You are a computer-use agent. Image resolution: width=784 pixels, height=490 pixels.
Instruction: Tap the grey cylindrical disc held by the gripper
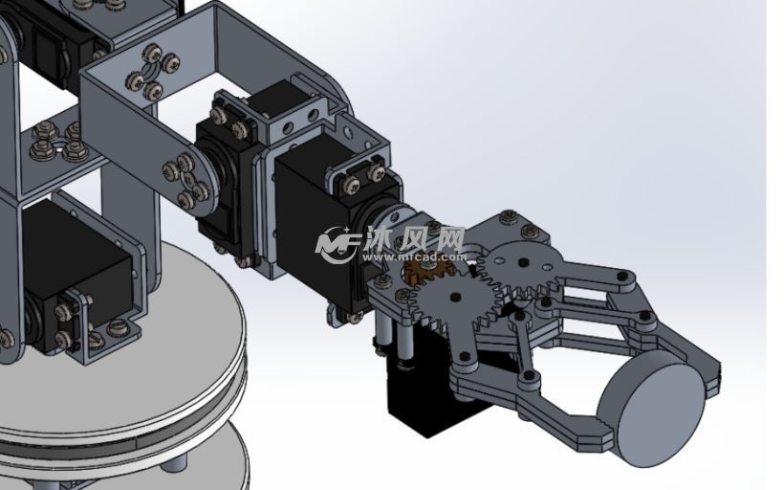pos(651,408)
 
